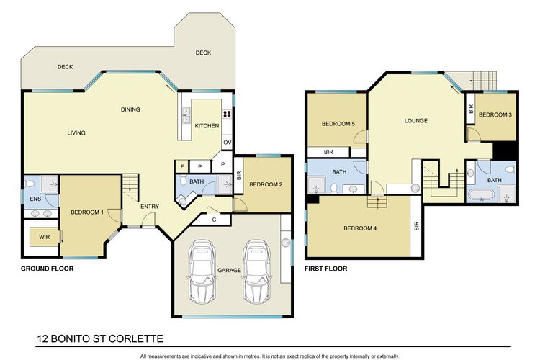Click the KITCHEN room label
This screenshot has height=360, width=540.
(x=207, y=126)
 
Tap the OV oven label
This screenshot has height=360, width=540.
(x=228, y=143)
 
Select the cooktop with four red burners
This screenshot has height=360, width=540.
(x=227, y=114)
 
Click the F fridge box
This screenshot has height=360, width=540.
(x=182, y=167)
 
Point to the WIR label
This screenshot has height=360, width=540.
(x=45, y=237)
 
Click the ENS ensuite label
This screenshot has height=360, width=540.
(x=35, y=199)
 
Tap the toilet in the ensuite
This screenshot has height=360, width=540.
(x=30, y=184)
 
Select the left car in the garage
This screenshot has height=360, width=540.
(x=202, y=272)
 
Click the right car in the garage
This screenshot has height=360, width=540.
(x=257, y=272)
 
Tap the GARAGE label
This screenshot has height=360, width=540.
(x=230, y=271)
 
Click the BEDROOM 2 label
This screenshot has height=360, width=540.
(x=266, y=184)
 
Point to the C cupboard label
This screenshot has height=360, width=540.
(x=215, y=220)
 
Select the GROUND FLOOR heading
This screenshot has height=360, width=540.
(x=48, y=269)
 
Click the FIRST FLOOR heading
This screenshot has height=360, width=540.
(x=325, y=269)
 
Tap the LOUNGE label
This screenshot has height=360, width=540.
(x=416, y=120)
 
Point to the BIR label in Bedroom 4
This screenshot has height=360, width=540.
(x=417, y=226)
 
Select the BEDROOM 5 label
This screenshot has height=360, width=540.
(x=338, y=124)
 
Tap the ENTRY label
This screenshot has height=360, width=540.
(x=150, y=207)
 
